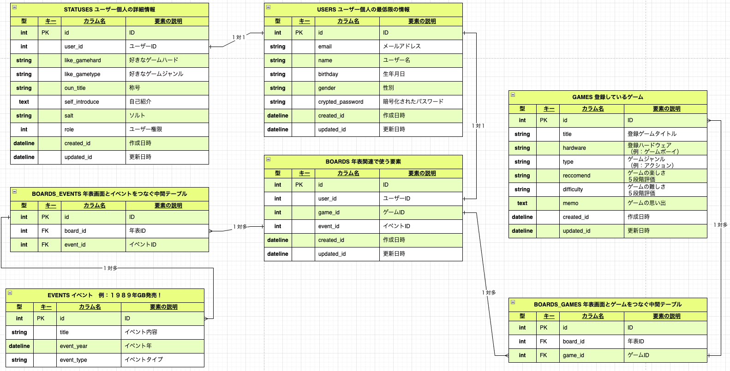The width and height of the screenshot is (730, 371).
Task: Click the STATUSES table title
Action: click(109, 10)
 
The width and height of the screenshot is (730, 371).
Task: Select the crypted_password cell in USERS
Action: click(341, 102)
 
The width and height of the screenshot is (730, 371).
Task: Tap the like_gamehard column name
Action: click(83, 60)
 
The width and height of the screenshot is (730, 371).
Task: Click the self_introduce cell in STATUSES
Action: click(82, 102)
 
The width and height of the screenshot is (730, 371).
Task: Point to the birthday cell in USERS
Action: click(328, 74)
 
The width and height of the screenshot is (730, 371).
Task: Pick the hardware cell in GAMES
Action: click(574, 148)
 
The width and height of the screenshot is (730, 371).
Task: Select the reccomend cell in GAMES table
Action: click(576, 176)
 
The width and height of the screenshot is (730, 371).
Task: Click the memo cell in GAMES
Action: click(570, 203)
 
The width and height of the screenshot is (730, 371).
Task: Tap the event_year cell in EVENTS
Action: click(73, 346)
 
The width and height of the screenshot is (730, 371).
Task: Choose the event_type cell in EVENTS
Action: click(73, 360)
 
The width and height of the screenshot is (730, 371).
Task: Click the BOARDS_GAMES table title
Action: click(607, 305)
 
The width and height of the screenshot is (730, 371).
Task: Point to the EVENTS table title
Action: click(104, 295)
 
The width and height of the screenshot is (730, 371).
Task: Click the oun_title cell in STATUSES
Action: click(75, 88)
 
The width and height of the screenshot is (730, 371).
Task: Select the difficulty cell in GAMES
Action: click(573, 189)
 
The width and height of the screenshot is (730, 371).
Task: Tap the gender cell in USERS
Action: click(327, 88)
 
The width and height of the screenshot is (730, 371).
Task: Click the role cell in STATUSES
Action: click(69, 130)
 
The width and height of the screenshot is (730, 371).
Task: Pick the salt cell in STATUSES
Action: click(69, 116)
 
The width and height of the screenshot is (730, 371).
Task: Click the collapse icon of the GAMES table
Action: click(513, 95)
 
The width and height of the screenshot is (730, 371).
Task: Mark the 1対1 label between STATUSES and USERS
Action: click(239, 37)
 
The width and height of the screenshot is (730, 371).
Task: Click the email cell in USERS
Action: click(325, 47)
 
